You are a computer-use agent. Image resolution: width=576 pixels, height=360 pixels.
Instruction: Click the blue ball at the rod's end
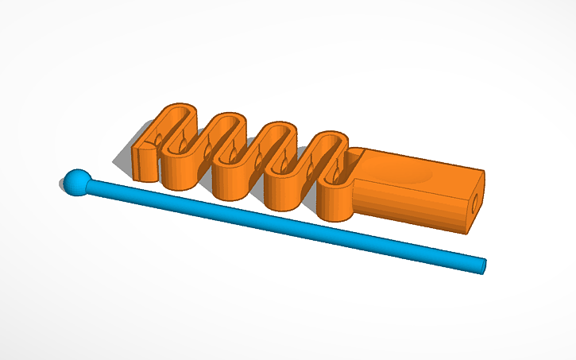(x=75, y=183)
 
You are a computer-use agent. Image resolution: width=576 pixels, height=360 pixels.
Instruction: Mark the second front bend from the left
(x=230, y=184)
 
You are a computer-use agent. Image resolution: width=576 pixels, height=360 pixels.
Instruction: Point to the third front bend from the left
(x=282, y=195)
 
